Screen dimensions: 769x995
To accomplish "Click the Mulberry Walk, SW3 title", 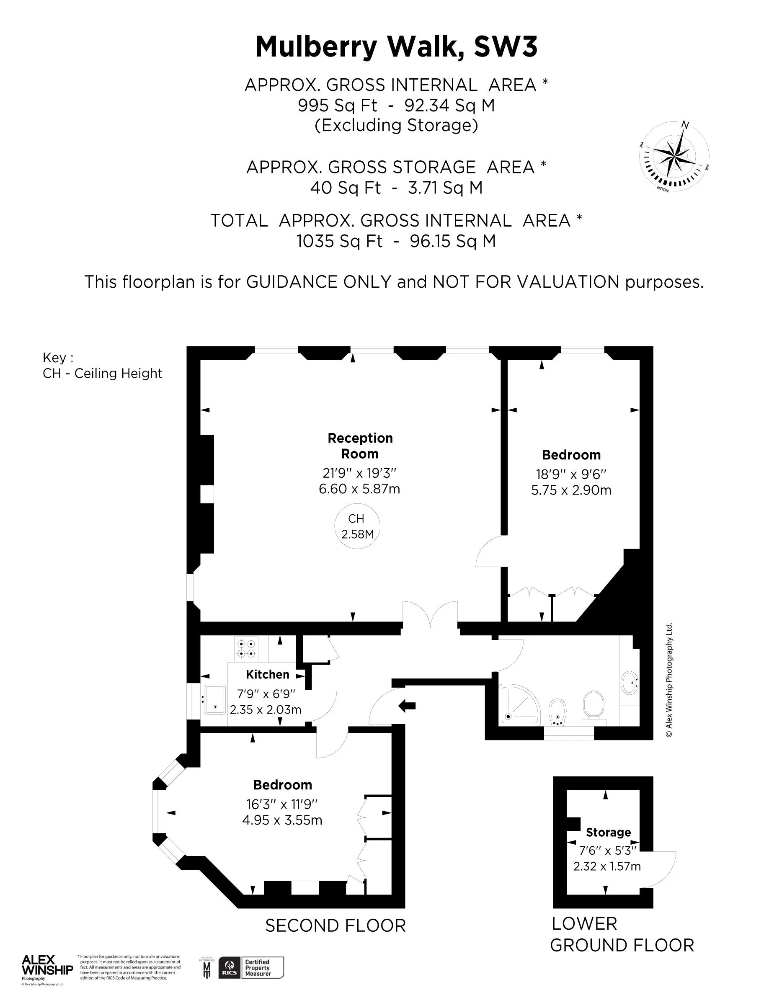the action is point(396,47).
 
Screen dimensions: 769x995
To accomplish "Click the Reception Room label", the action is point(360,446).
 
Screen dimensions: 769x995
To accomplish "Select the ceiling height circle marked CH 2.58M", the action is point(357,526).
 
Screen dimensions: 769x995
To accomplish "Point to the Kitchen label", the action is point(267,674).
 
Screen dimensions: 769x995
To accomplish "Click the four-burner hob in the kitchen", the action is point(246,649).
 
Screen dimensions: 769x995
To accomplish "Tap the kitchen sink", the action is point(214,699).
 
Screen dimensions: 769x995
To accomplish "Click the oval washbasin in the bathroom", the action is point(630,682).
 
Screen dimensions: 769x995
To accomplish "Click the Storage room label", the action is point(608,833).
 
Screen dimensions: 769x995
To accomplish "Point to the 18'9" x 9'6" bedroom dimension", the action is point(571,474).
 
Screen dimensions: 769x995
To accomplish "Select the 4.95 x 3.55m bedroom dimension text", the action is point(282,820).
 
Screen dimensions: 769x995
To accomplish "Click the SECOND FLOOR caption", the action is point(335,926).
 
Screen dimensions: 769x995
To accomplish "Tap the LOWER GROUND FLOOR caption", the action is point(622,934).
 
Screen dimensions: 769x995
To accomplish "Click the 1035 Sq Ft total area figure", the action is point(339,241).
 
